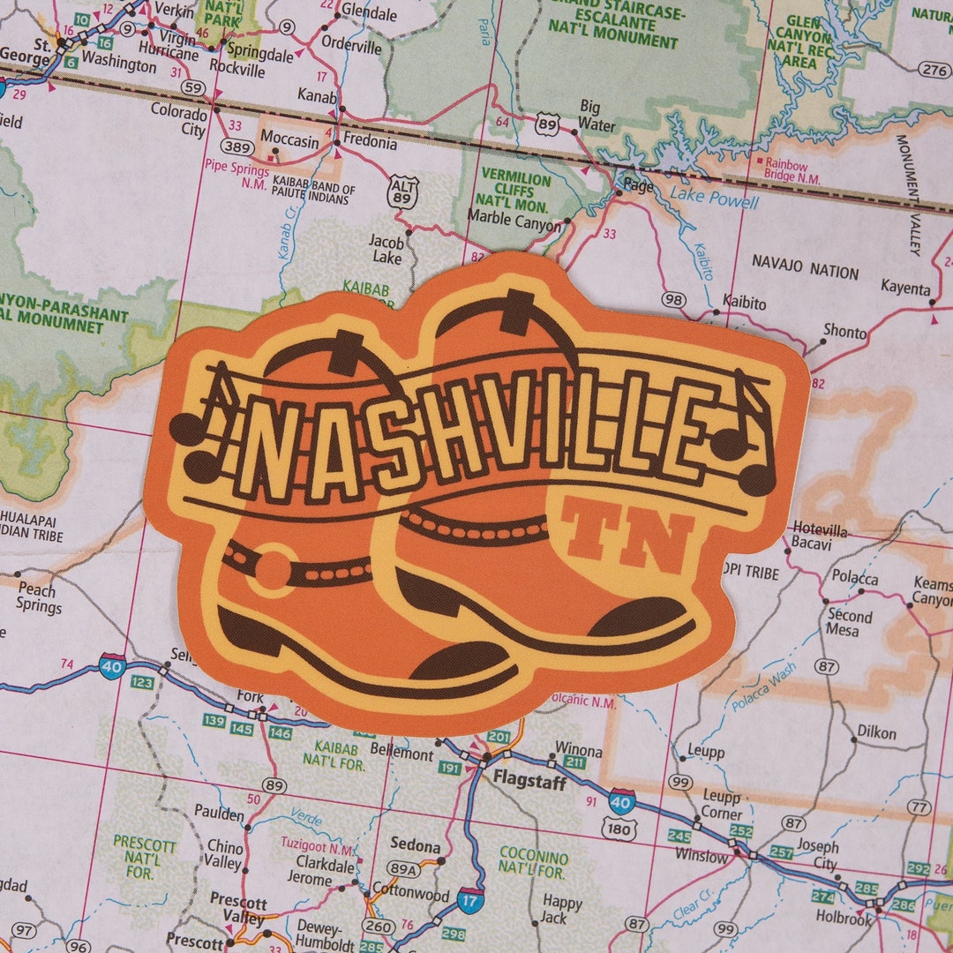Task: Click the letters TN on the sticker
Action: [629, 533]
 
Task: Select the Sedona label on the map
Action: [415, 845]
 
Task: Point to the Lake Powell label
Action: [714, 199]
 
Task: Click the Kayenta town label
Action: [905, 288]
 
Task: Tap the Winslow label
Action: [702, 855]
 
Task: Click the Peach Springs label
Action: [38, 598]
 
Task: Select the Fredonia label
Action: [370, 141]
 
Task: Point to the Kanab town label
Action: [317, 95]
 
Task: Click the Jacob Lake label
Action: [386, 250]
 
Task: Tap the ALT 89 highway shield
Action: [402, 191]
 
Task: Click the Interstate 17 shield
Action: [471, 900]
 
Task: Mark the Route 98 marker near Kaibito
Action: [674, 300]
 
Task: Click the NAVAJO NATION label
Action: [805, 272]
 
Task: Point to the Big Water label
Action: [597, 116]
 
